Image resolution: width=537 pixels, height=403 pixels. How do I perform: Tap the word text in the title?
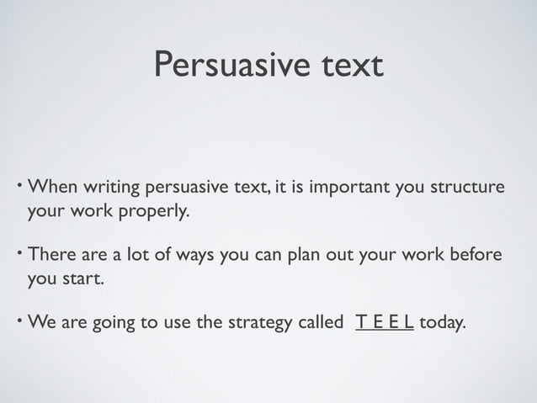pyautogui.click(x=347, y=65)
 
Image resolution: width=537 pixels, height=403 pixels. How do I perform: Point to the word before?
pyautogui.click(x=476, y=255)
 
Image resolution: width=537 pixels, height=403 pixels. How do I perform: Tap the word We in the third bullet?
pyautogui.click(x=42, y=324)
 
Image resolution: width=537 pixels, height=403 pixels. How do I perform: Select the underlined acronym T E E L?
pyautogui.click(x=384, y=323)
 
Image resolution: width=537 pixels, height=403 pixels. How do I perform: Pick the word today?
pyautogui.click(x=441, y=324)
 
